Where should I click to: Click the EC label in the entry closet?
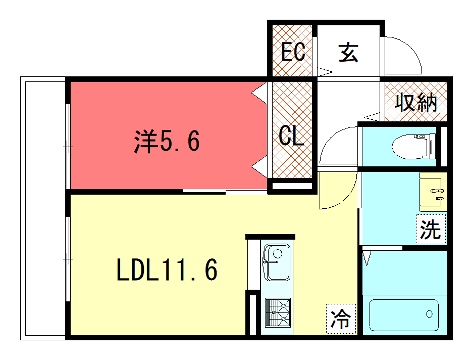click(x=293, y=52)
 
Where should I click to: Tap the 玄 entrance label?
click(x=348, y=52)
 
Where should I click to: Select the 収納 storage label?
click(x=416, y=102)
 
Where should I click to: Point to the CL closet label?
click(x=291, y=136)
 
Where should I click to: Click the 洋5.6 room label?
click(x=167, y=141)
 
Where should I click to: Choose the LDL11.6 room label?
click(x=167, y=269)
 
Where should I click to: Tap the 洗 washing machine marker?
click(x=430, y=229)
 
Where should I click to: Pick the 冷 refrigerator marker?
click(x=341, y=319)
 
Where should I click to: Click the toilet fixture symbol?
click(x=414, y=146)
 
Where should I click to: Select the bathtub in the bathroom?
click(x=404, y=315)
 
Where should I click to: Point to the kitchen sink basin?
click(x=276, y=262)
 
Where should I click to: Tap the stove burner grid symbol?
click(x=278, y=313)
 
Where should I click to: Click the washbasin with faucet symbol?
click(x=433, y=192)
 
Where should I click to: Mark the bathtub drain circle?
click(x=429, y=314)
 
